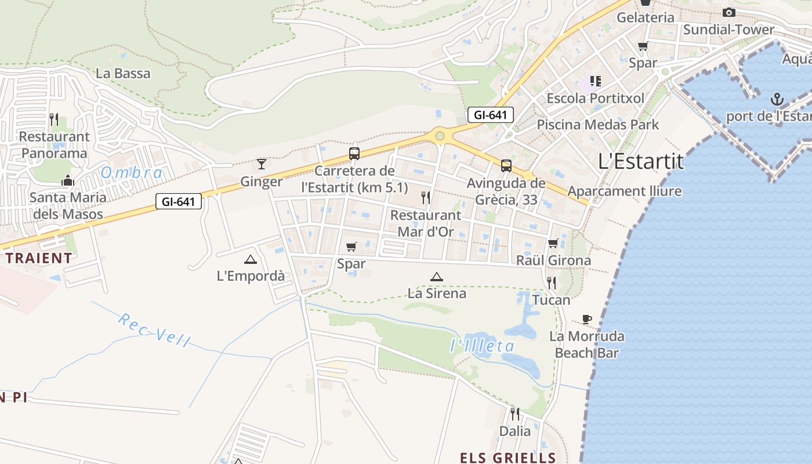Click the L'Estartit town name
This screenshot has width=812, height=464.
click(x=641, y=161)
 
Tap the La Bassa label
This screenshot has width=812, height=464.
click(x=123, y=74)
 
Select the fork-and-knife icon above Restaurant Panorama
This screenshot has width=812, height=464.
click(x=54, y=119)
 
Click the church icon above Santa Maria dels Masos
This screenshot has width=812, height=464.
click(x=68, y=180)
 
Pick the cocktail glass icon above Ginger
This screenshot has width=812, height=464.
click(x=262, y=164)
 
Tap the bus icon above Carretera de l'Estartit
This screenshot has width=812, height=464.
click(x=354, y=154)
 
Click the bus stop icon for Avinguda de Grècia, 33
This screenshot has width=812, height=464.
click(x=506, y=166)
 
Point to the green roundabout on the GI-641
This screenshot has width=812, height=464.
click(x=440, y=136)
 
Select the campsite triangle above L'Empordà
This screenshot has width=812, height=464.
click(x=251, y=259)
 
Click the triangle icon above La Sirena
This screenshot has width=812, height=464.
click(x=437, y=277)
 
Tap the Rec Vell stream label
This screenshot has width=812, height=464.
click(x=154, y=329)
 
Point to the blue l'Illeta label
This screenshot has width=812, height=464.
click(x=482, y=346)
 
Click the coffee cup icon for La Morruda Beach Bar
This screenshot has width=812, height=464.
click(x=587, y=319)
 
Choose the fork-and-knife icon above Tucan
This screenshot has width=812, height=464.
click(x=551, y=283)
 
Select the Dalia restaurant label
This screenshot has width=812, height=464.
click(x=515, y=431)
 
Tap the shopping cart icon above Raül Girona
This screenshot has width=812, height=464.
click(x=553, y=244)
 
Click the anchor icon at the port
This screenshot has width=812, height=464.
click(x=776, y=99)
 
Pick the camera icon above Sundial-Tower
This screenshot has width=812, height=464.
click(x=728, y=12)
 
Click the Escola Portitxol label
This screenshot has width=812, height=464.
click(x=595, y=98)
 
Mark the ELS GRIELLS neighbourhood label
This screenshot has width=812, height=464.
click(x=508, y=458)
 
